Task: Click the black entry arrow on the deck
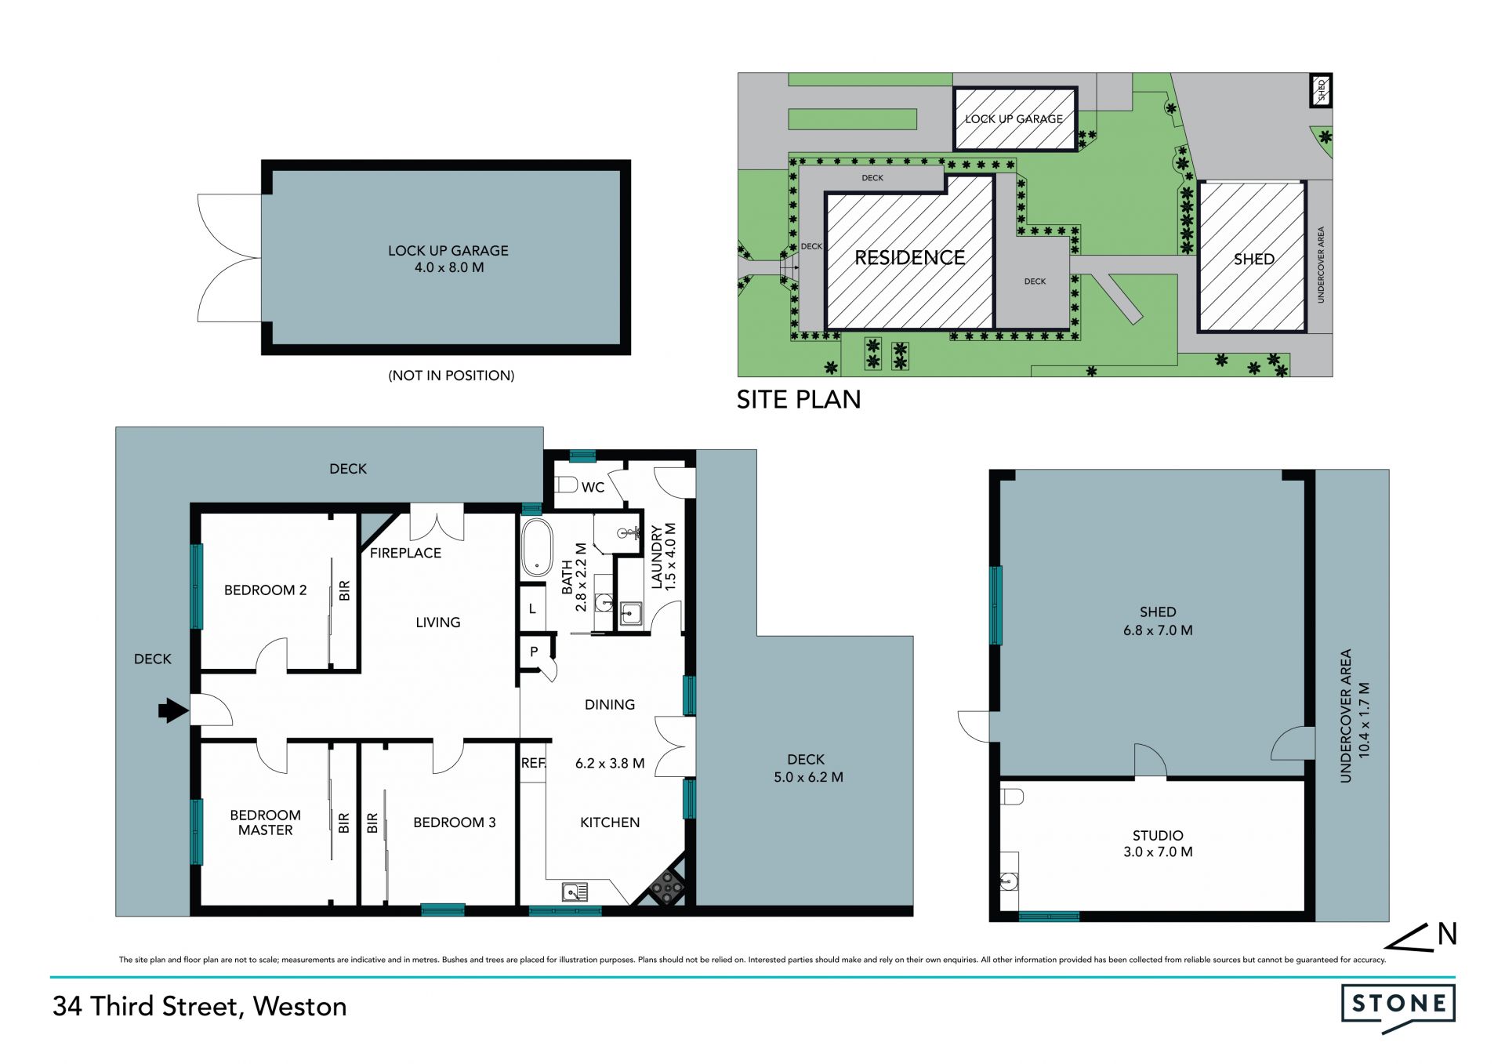[x=173, y=711]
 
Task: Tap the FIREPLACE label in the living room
[x=405, y=553]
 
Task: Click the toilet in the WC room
[x=566, y=484]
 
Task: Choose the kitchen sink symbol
[x=575, y=892]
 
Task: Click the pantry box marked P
[x=534, y=652]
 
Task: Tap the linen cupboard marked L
[x=532, y=608]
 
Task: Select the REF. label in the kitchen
[x=533, y=763]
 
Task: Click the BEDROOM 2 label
[x=265, y=590]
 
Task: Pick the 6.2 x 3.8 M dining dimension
[x=610, y=763]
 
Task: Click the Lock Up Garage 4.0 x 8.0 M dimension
[x=449, y=267]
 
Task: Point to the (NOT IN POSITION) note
[x=451, y=376]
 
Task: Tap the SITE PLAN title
[x=799, y=400]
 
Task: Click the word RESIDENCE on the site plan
[x=910, y=258]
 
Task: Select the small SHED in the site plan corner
[x=1322, y=90]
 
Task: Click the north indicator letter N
[x=1447, y=934]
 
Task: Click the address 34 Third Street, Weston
[x=200, y=1006]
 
